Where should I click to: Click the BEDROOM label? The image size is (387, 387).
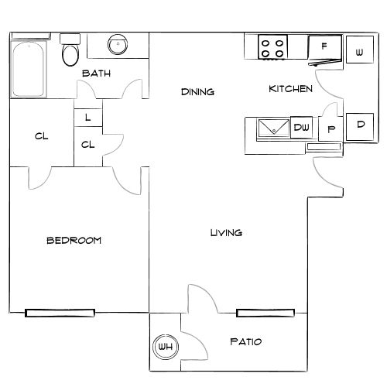tap(74, 241)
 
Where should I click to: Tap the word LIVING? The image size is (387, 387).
tap(227, 232)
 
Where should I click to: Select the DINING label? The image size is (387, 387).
tap(197, 92)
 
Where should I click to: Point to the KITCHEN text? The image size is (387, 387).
tap(290, 89)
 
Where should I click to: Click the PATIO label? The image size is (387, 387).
tap(246, 341)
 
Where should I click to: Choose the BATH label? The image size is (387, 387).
tap(97, 74)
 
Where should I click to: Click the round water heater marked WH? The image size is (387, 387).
tap(165, 347)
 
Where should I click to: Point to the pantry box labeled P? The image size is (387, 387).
tap(330, 129)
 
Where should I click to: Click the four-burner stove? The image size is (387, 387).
tap(272, 48)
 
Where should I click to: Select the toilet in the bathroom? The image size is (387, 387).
tap(71, 52)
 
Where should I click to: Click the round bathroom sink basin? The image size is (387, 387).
tap(118, 45)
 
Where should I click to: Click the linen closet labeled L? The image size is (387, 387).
tap(88, 118)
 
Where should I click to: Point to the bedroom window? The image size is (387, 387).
tap(60, 313)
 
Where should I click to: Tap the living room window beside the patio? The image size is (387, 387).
tap(265, 313)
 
